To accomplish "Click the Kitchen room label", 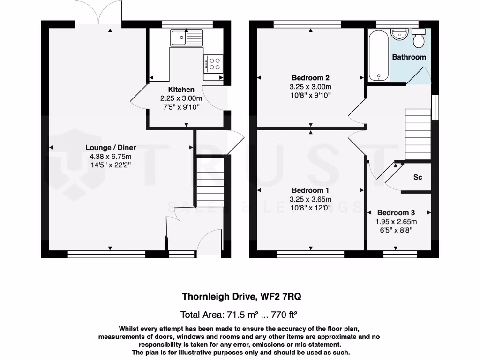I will [181, 90].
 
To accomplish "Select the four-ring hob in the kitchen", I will [215, 63].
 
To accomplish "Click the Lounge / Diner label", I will [108, 147].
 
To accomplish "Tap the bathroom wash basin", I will [400, 33].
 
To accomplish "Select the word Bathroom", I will [409, 57].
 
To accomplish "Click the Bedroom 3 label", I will [396, 212].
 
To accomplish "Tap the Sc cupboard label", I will [417, 178].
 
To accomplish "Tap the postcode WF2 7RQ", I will [283, 296].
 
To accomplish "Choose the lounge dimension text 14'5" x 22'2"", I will [108, 165].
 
